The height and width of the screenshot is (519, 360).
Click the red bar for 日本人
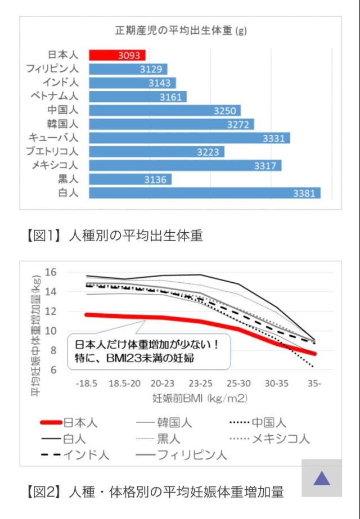pyautogui.click(x=117, y=55)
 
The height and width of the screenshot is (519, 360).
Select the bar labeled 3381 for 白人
pyautogui.click(x=205, y=193)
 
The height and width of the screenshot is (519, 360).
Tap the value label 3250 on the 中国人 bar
pyautogui.click(x=224, y=111)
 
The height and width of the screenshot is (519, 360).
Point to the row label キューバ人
pyautogui.click(x=53, y=138)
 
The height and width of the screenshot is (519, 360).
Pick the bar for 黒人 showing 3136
pyautogui.click(x=130, y=179)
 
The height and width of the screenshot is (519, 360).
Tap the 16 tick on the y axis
pyautogui.click(x=51, y=272)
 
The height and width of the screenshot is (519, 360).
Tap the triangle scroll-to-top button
pyautogui.click(x=321, y=479)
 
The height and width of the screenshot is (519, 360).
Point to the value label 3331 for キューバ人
pyautogui.click(x=275, y=138)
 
